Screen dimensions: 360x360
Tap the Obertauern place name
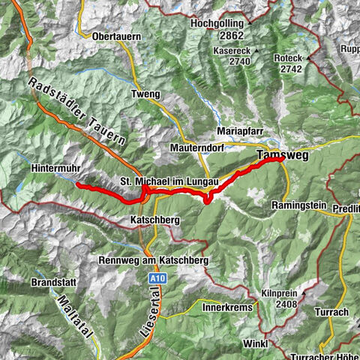(x=118, y=35)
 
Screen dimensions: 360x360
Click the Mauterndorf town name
(x=199, y=148)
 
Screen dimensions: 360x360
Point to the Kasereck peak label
(x=230, y=50)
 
